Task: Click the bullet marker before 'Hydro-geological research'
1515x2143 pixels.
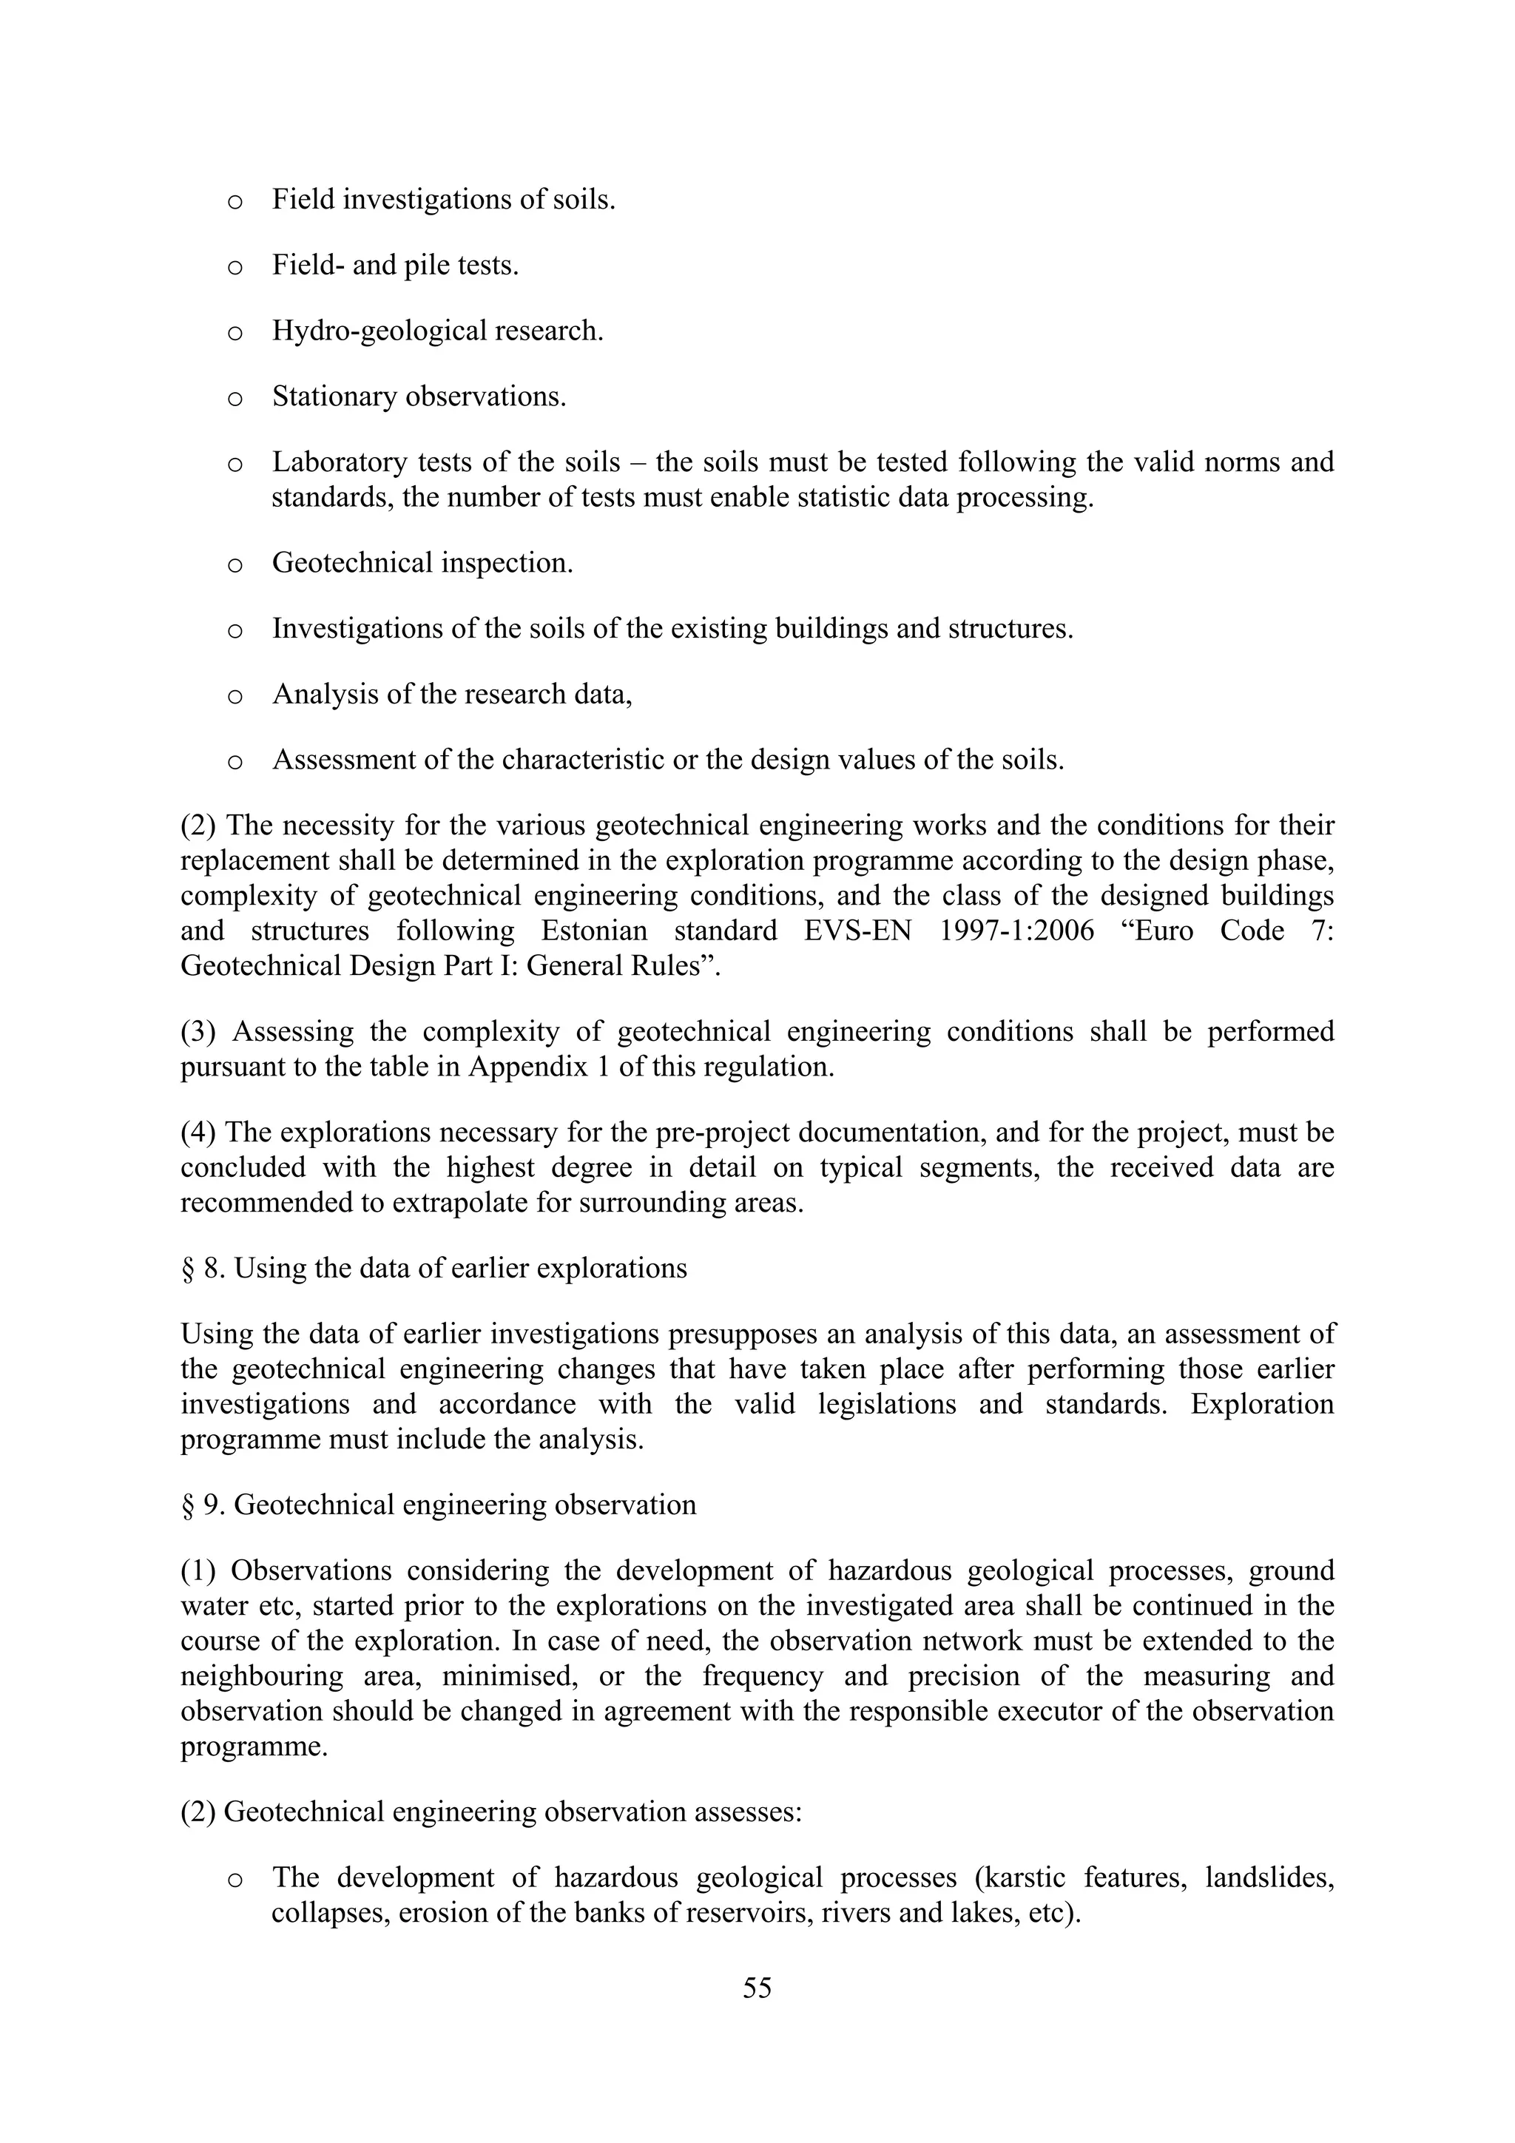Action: click(235, 333)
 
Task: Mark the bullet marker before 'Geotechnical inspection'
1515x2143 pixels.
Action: click(235, 564)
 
